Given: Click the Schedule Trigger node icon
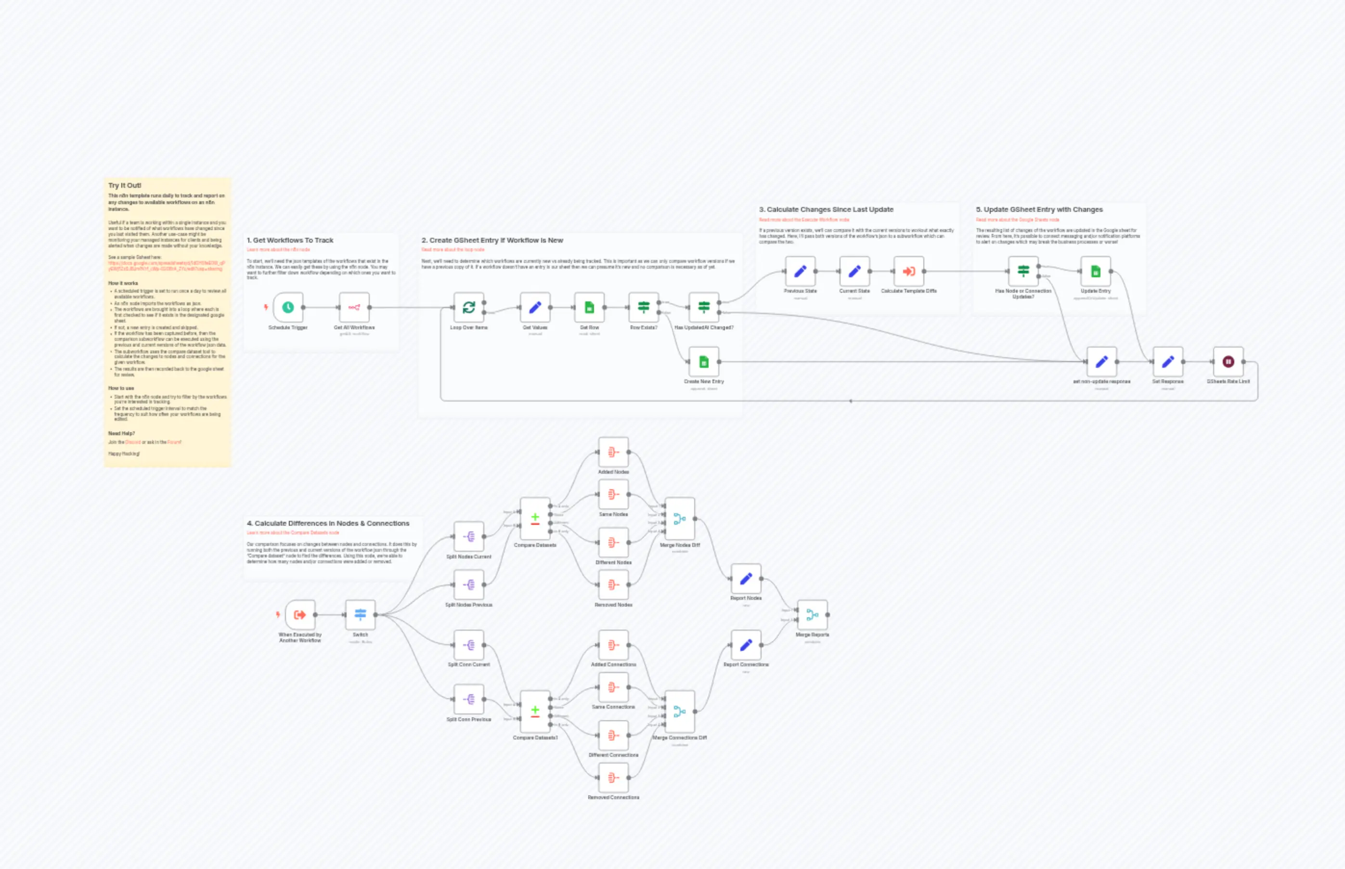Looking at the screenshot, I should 288,307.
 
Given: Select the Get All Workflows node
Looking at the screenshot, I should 354,307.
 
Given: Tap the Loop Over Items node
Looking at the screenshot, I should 468,307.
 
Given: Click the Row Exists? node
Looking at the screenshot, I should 643,307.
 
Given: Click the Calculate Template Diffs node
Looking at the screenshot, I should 908,272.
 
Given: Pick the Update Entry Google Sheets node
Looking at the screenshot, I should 1095,272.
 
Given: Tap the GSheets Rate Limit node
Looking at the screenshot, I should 1228,362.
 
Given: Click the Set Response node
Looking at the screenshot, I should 1167,362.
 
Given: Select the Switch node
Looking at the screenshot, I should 360,614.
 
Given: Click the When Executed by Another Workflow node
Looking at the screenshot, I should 299,614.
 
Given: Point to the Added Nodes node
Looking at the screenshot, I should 613,452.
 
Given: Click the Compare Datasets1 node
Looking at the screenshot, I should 535,711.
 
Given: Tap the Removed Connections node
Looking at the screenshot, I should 613,778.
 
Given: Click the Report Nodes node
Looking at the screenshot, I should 746,578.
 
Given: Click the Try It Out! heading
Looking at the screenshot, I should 125,185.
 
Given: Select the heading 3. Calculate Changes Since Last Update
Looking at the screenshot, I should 826,209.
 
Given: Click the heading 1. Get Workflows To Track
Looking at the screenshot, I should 290,240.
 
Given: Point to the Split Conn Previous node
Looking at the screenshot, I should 468,699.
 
